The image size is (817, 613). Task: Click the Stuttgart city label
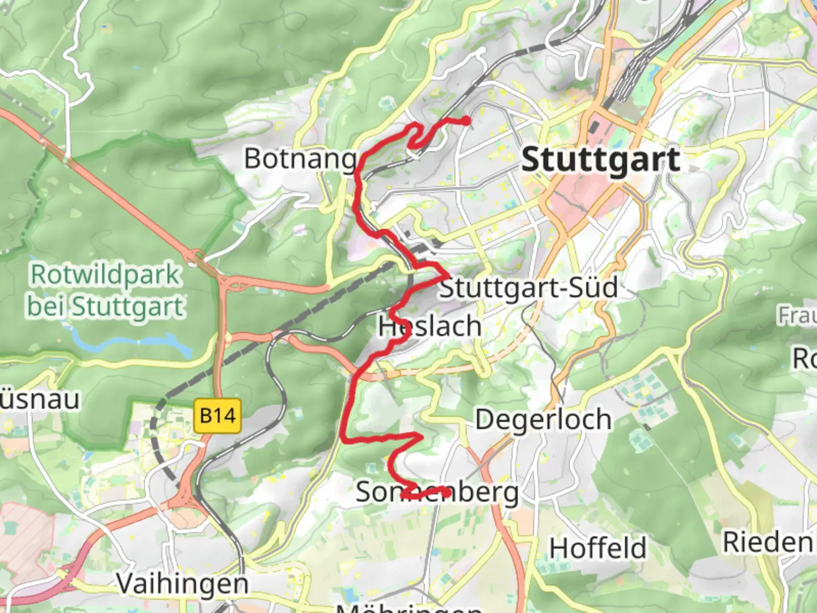(x=600, y=159)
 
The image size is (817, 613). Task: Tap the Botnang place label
(x=300, y=158)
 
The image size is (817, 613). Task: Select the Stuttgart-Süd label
(x=528, y=288)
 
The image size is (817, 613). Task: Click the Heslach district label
(x=429, y=326)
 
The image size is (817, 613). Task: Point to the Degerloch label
(x=543, y=420)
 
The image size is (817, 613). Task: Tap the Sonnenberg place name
(x=437, y=492)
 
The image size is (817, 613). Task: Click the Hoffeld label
(x=597, y=548)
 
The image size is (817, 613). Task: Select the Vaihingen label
(x=182, y=583)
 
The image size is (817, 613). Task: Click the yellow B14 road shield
(x=217, y=416)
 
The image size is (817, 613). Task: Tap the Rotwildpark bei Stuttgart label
(x=106, y=291)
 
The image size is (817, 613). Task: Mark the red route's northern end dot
(x=466, y=120)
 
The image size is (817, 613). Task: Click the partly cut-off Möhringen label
(x=408, y=607)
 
